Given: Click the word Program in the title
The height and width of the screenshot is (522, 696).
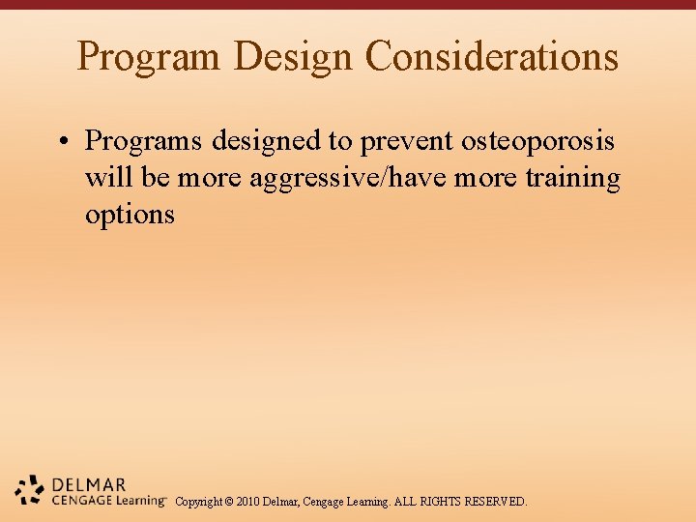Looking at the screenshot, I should point(150,56).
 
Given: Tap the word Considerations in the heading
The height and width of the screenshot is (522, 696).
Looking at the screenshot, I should point(492,56).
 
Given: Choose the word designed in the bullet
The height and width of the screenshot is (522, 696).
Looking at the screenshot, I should point(267,141).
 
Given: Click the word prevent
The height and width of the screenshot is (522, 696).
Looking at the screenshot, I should point(405,141).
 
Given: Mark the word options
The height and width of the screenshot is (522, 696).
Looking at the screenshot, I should point(130,215).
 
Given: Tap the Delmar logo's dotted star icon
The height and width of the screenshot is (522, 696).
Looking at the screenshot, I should point(30,490).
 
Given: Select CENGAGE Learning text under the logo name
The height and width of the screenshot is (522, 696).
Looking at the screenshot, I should point(108,501).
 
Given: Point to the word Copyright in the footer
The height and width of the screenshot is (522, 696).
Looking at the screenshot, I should point(198,502).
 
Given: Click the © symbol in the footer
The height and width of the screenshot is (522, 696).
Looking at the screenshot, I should point(229,502).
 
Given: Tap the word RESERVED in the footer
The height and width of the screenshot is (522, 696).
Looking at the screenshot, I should point(496,502).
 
